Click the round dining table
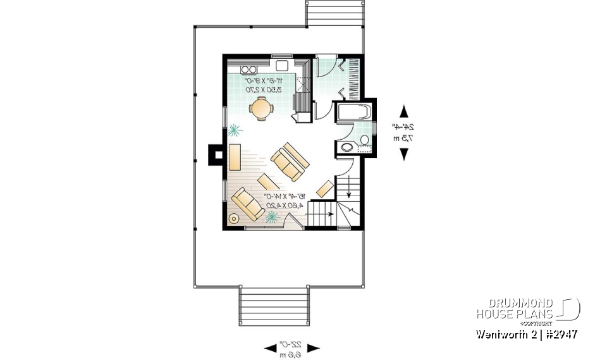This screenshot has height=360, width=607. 261,109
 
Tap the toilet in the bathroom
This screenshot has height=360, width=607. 364,140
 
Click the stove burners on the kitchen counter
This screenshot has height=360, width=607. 249,69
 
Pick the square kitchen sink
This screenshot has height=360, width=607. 281,66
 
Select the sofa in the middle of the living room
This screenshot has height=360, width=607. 290,161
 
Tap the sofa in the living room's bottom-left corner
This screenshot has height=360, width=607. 247,204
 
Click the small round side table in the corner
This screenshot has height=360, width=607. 233,219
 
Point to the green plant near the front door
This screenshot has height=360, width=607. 272,217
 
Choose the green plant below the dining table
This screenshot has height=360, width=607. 235,130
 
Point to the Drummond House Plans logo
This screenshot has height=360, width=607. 527,309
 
